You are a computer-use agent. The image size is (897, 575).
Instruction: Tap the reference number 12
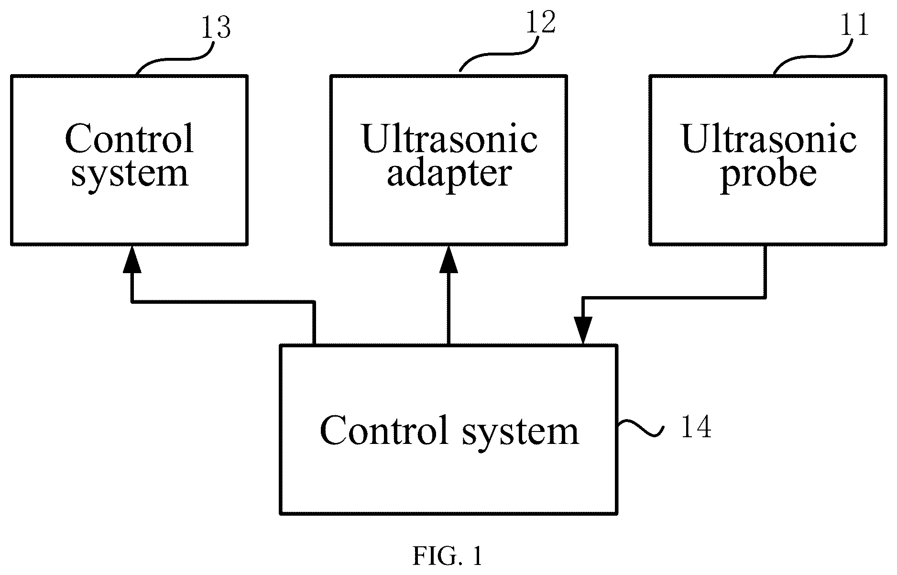point(541,22)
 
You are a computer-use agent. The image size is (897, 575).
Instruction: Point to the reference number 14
point(696,427)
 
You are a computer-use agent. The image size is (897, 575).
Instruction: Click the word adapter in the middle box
point(449,175)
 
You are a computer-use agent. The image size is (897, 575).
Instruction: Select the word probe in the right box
point(768,175)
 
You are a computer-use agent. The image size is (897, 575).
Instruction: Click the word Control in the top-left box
point(130,138)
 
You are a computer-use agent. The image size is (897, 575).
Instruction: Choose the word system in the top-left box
point(130,175)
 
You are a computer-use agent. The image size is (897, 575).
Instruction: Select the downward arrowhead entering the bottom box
point(583,331)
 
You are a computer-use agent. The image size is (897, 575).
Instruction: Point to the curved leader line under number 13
point(175,59)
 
